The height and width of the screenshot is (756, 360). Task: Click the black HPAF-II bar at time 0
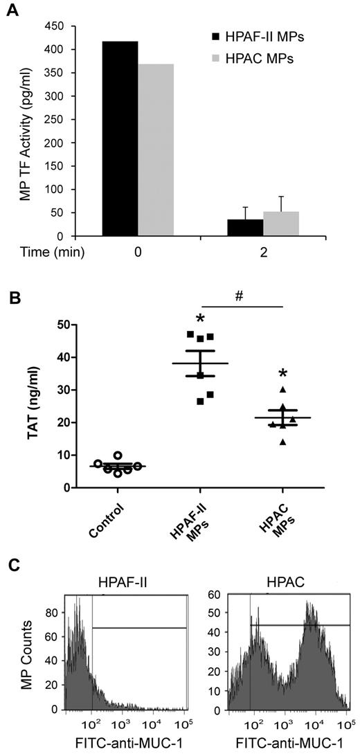(x=120, y=138)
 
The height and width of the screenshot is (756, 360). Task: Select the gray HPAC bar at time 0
(x=156, y=150)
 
